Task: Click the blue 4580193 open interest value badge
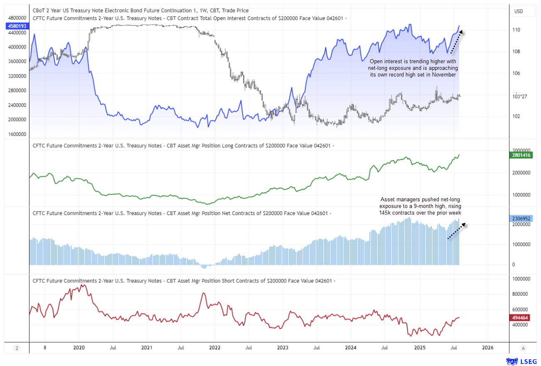point(16,26)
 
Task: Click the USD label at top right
point(519,11)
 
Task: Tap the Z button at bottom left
point(17,347)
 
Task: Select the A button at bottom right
point(524,347)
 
